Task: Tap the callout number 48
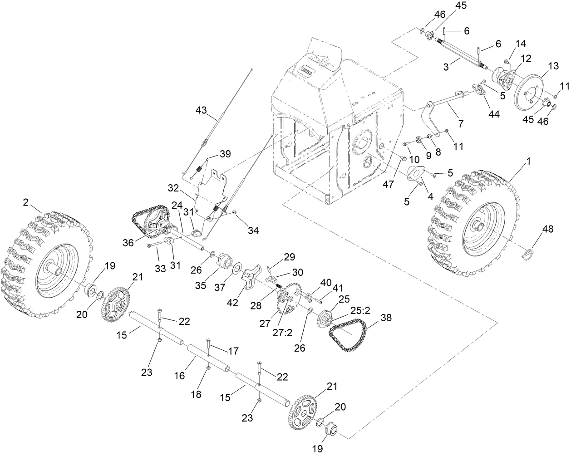point(548,230)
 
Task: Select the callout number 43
point(201,110)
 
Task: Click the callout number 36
point(128,243)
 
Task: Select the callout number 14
point(521,44)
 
